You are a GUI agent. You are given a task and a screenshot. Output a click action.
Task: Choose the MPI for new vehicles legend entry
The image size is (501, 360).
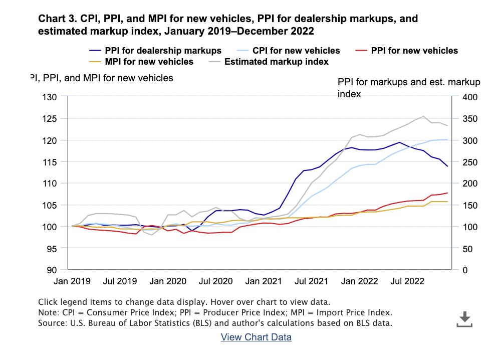pyautogui.click(x=149, y=62)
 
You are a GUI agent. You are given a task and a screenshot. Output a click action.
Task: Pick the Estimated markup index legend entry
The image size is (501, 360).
pyautogui.click(x=276, y=62)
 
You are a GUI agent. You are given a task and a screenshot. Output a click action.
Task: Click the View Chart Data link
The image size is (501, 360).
pyautogui.click(x=256, y=337)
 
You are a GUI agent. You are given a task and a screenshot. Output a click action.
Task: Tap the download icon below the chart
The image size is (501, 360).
pyautogui.click(x=464, y=319)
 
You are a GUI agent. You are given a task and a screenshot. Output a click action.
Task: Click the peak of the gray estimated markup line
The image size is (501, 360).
pyautogui.click(x=423, y=116)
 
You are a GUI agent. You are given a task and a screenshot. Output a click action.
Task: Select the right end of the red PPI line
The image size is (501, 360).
pyautogui.click(x=447, y=193)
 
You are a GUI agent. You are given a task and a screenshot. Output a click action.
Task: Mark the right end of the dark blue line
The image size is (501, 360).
pyautogui.click(x=447, y=166)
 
